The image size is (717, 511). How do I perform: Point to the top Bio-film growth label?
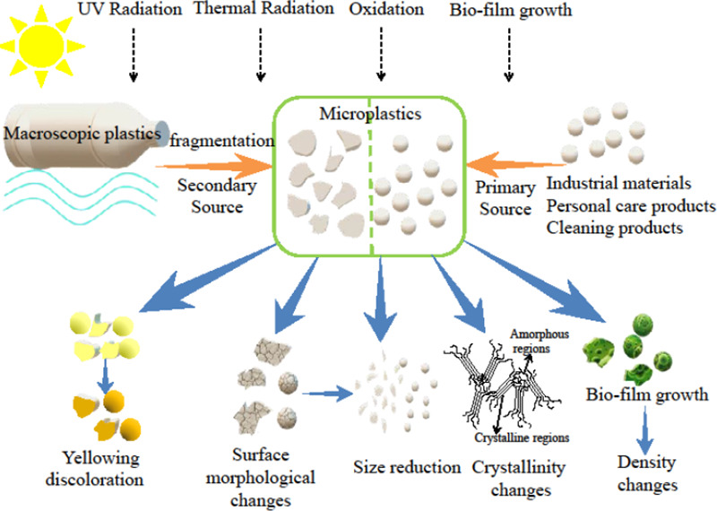(508, 11)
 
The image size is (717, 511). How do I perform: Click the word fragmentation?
(220, 141)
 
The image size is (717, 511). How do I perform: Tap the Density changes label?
(642, 474)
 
